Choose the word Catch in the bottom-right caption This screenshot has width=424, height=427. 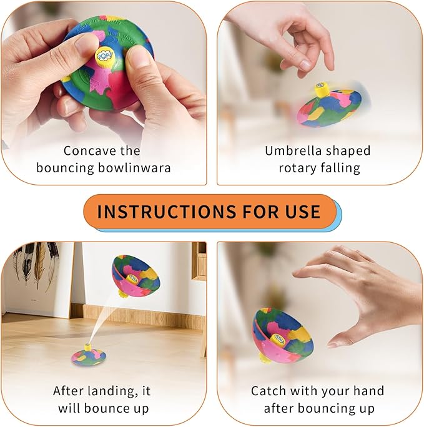(268, 391)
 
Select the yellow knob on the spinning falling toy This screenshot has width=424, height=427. (322, 90)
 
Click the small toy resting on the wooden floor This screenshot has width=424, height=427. (88, 355)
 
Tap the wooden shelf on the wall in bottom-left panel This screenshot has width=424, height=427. (199, 259)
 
